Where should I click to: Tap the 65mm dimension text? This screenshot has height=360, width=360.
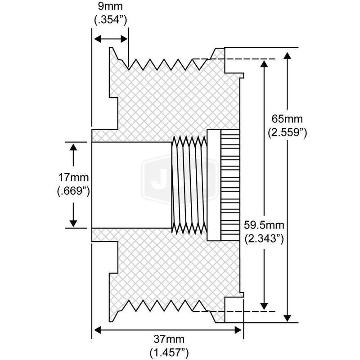(x=288, y=119)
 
